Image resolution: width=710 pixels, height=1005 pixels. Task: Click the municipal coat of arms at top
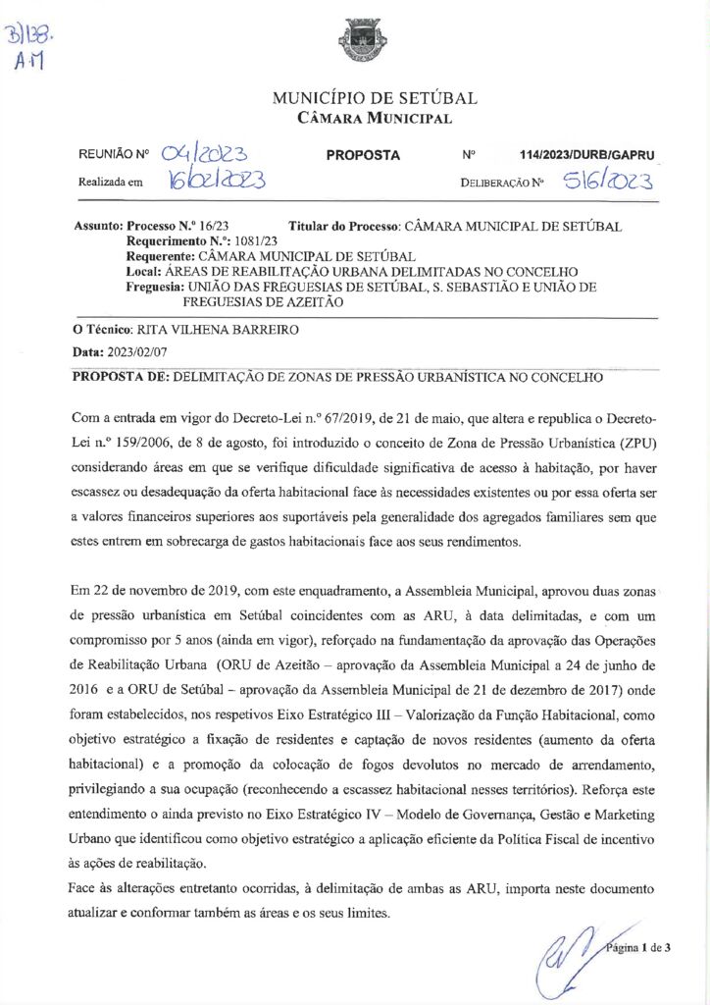[355, 40]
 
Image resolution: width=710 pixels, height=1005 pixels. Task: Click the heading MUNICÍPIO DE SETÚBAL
[375, 98]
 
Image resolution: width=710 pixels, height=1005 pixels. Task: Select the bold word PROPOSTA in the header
[363, 155]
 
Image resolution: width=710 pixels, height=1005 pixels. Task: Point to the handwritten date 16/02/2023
[214, 181]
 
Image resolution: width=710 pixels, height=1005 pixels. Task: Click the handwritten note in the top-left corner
[31, 49]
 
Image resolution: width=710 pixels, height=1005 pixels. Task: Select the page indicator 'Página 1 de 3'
[637, 947]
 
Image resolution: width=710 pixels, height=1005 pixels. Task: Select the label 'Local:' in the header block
[144, 271]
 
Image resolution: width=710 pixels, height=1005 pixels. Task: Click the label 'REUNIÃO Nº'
[113, 155]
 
